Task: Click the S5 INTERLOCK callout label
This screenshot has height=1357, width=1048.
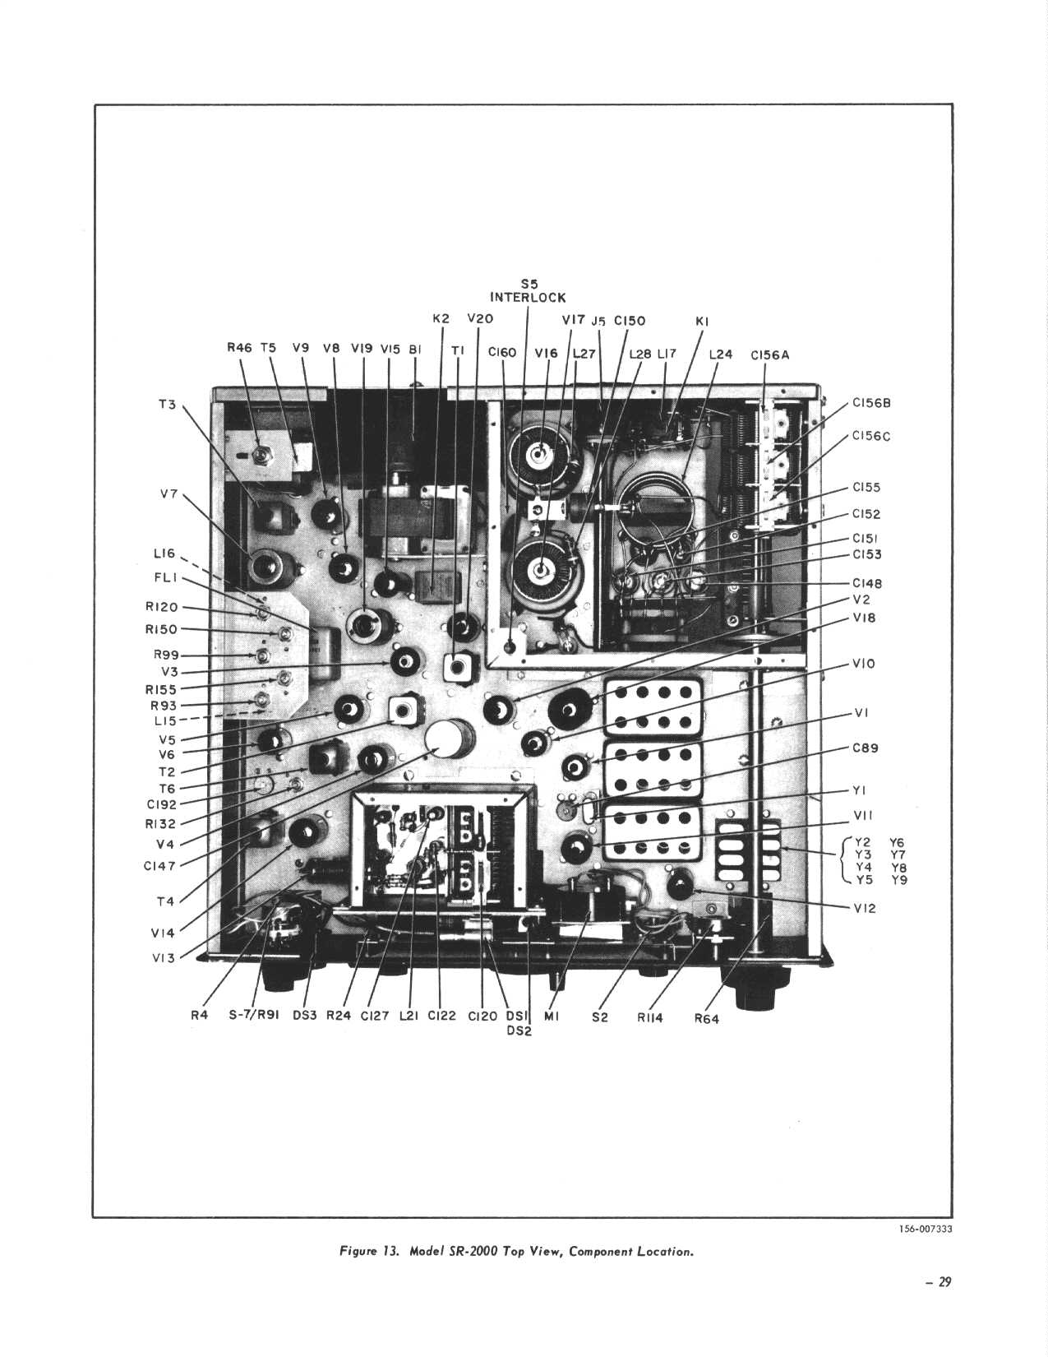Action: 528,292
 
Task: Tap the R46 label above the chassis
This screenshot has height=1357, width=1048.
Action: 240,348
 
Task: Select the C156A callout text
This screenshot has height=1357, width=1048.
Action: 769,354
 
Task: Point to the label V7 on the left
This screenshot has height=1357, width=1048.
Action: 169,494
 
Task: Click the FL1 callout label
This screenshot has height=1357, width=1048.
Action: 165,577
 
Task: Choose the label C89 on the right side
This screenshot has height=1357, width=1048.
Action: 866,748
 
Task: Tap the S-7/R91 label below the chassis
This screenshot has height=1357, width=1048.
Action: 253,1016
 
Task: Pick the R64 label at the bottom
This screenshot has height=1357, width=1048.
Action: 707,1019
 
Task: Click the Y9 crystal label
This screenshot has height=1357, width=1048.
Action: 899,880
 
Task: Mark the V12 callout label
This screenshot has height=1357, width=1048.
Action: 865,909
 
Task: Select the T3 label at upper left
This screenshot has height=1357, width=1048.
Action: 168,404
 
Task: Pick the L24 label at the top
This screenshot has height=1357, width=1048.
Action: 721,354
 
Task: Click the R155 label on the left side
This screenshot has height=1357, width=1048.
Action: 161,689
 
